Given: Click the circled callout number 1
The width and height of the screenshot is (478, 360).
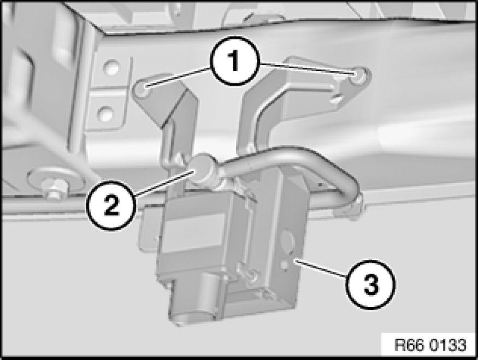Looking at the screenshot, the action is click(x=234, y=61).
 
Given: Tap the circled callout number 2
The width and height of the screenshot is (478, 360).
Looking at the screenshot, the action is click(x=111, y=205).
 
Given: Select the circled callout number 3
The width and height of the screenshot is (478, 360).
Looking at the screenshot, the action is click(x=371, y=285).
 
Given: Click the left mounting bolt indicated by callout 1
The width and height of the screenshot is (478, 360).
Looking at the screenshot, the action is click(x=143, y=90).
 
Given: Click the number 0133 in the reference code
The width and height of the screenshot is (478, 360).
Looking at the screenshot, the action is click(x=448, y=345).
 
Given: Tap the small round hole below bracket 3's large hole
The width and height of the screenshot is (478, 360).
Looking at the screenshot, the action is click(x=285, y=264).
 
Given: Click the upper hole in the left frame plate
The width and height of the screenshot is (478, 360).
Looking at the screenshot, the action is click(x=111, y=68).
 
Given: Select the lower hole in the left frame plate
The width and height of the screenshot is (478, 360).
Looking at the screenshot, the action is click(x=105, y=114).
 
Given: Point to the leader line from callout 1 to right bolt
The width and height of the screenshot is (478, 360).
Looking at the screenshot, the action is click(x=305, y=69).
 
